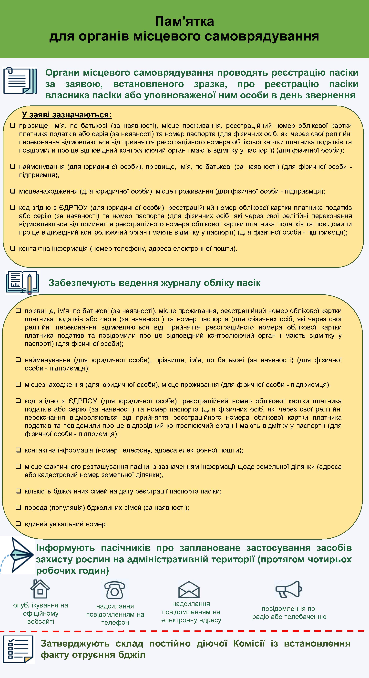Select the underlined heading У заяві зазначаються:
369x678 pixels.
point(67,115)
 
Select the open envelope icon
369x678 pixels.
point(189,590)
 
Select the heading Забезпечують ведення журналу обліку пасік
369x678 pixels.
point(154,283)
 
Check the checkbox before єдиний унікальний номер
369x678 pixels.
point(18,524)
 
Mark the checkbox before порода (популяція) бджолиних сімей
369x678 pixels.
point(18,507)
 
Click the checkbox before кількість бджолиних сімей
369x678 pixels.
point(18,491)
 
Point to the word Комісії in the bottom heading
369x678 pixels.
point(249,644)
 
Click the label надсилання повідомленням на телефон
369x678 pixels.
point(115,614)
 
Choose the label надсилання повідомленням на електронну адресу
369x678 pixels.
point(191,612)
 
